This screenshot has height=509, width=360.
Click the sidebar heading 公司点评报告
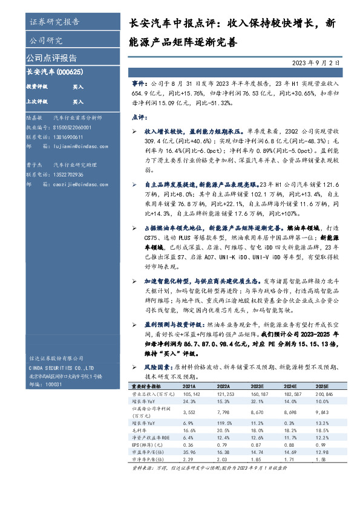(51, 58)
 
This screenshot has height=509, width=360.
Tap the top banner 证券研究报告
(54, 22)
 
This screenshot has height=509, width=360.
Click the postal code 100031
(54, 384)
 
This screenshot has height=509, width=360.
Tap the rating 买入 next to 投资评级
(78, 87)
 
